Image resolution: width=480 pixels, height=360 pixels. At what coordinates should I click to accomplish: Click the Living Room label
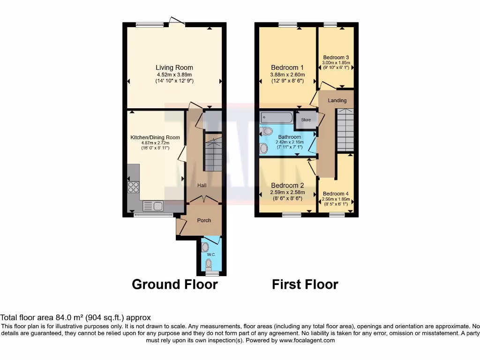174,67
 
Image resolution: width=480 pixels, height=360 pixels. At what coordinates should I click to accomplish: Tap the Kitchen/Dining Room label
155,137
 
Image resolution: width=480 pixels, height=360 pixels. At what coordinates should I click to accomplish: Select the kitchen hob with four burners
134,187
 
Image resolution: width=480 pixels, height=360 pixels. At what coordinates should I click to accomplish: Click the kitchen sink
152,205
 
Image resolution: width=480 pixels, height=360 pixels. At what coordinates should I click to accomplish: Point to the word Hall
202,186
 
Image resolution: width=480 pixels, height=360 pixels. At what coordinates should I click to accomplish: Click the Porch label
204,220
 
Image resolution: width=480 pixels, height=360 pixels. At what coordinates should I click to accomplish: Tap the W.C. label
210,255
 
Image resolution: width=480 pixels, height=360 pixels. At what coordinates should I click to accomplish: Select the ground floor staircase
214,152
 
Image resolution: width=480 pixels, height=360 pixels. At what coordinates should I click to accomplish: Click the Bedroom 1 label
287,67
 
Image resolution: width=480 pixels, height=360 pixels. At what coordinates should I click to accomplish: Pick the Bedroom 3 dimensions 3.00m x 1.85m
336,62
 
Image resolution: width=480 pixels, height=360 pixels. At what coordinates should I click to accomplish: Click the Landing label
337,100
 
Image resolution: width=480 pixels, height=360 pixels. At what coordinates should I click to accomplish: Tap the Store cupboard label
306,120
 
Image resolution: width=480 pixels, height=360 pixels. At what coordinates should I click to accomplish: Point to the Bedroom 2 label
287,185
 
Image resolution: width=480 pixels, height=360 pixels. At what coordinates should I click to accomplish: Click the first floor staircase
345,129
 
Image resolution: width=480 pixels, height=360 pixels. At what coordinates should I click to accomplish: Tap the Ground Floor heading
174,284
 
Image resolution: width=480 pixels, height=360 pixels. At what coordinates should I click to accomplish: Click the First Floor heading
305,284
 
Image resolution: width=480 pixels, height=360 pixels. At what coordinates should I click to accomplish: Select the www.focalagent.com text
307,340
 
